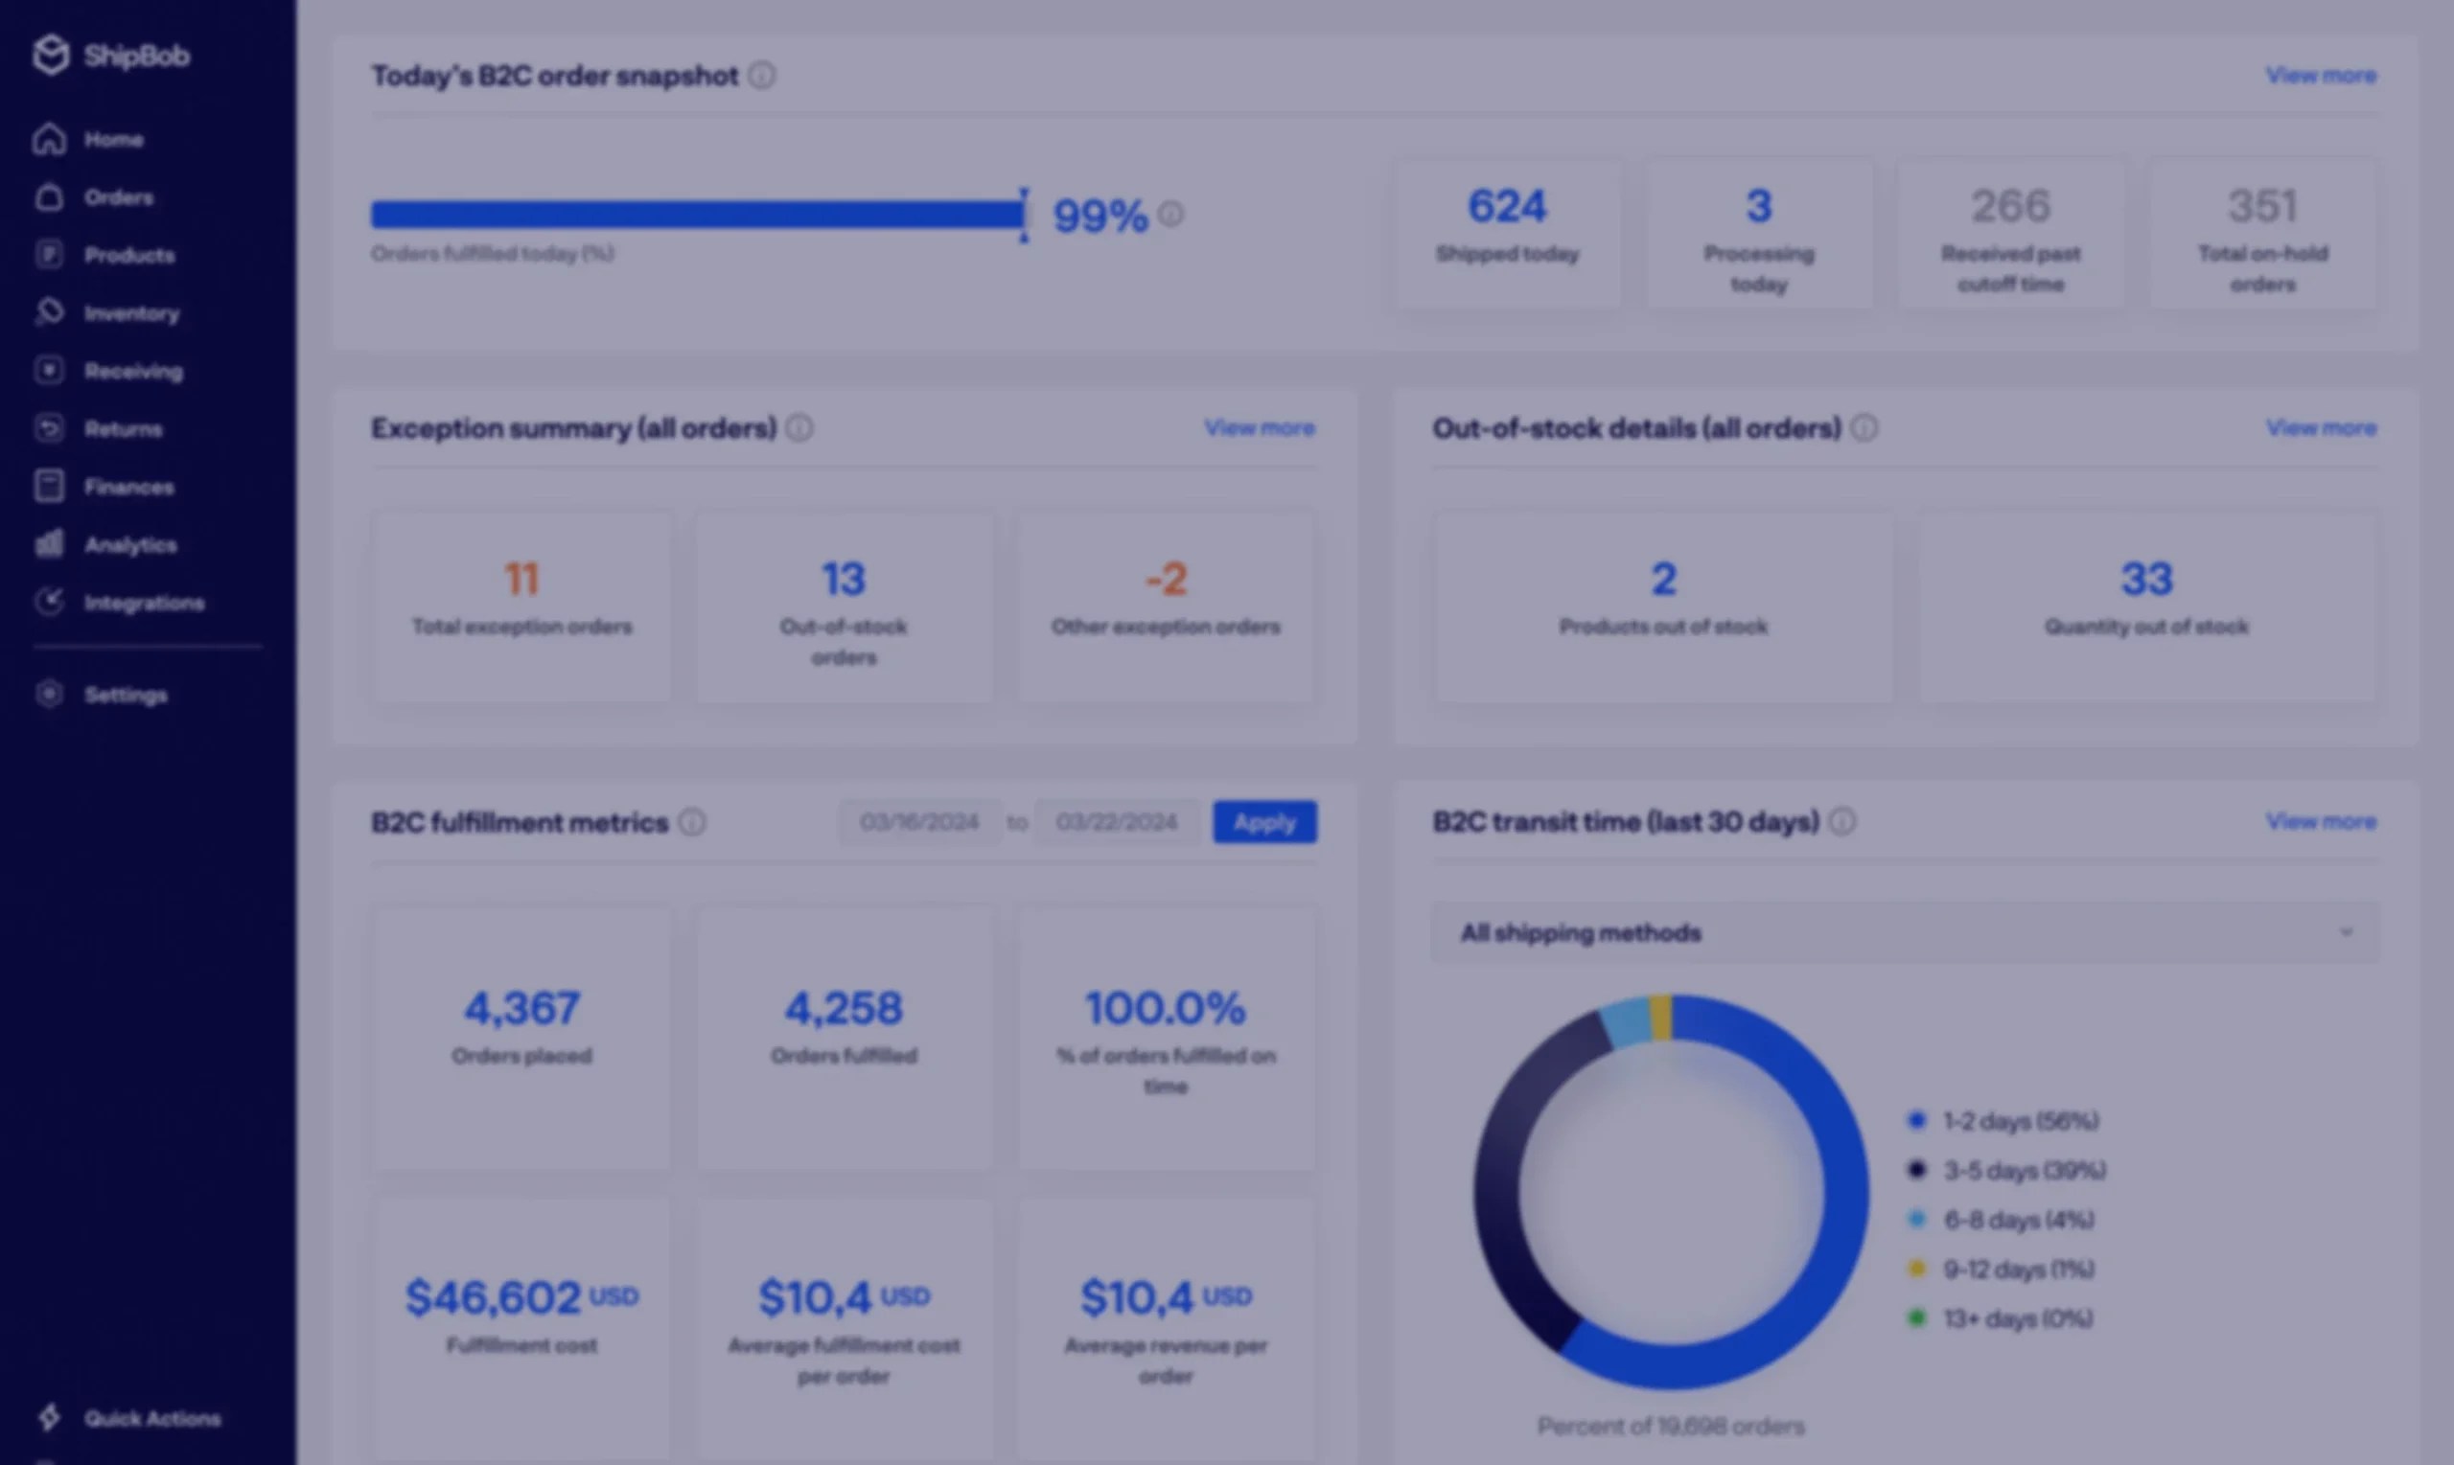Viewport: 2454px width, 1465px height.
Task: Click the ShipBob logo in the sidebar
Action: tap(109, 56)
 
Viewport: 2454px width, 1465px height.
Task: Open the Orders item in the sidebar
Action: tap(118, 197)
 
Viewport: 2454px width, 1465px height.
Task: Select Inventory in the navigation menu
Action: tap(131, 313)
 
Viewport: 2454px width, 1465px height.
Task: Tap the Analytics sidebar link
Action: tap(129, 545)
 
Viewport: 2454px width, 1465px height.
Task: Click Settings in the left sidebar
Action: tap(125, 695)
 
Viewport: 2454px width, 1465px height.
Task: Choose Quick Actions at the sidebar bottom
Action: tap(151, 1419)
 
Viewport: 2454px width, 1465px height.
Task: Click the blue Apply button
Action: tap(1264, 822)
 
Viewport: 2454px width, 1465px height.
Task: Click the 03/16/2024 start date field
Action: tap(919, 822)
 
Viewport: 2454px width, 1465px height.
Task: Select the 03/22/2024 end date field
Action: tap(1117, 822)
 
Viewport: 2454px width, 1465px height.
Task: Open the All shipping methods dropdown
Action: tap(1905, 933)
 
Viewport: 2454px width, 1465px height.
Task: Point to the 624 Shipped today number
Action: tap(1507, 206)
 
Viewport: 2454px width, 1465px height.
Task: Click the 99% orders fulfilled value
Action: tap(1100, 216)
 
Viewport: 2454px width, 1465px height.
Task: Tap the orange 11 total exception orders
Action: tap(521, 580)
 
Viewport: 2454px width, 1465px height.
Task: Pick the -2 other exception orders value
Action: tap(1167, 580)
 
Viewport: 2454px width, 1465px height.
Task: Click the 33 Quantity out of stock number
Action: tap(2147, 580)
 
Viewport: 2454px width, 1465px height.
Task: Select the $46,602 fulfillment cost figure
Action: tap(494, 1297)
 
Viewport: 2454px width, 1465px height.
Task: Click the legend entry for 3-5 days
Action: tap(2024, 1171)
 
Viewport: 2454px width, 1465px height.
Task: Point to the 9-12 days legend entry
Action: tap(2018, 1270)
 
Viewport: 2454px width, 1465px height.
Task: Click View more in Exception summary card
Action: tap(1259, 428)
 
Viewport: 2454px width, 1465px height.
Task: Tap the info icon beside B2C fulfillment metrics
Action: tap(692, 822)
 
